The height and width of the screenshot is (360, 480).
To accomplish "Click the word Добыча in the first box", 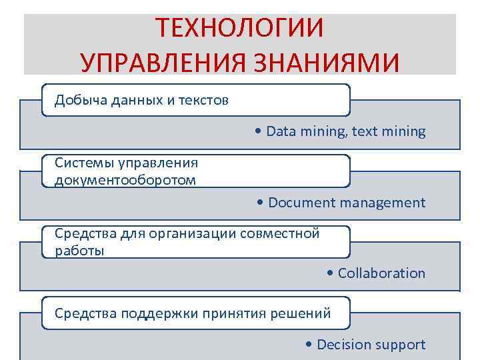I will (x=76, y=100).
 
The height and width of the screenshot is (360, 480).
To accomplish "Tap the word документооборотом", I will (x=125, y=180).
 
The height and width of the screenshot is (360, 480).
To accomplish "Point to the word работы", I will (x=79, y=251).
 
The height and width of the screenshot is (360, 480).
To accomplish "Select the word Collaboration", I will (x=381, y=273).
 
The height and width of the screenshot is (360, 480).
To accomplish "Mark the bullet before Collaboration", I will (x=331, y=273).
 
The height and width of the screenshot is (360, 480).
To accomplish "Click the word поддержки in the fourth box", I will (x=152, y=313).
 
